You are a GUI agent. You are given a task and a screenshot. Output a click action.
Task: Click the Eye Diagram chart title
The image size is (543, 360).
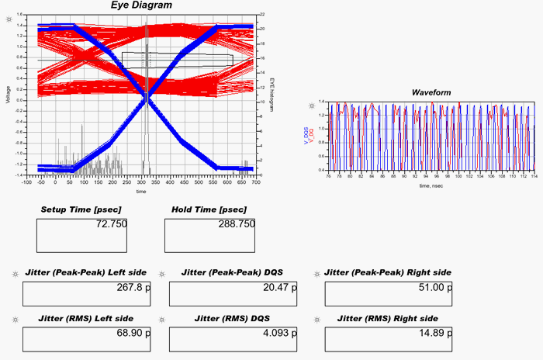click(141, 5)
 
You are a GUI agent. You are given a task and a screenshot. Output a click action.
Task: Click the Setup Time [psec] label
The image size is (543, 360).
click(81, 209)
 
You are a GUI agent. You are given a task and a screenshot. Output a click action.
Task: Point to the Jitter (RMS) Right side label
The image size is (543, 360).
click(381, 318)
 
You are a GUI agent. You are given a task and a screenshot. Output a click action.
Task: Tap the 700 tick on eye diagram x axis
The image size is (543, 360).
click(255, 182)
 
